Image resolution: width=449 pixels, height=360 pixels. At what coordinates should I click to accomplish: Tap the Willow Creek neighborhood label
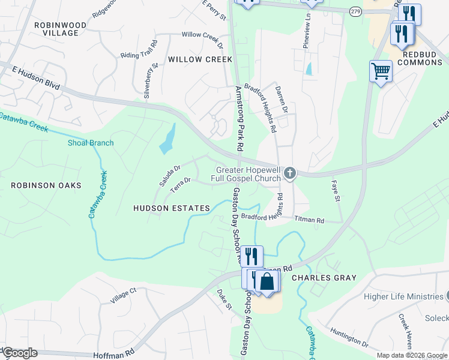tap(200, 59)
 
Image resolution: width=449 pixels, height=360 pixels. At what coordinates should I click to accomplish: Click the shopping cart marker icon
tap(381, 71)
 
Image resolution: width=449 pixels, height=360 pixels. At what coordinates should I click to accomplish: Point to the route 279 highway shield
tap(357, 12)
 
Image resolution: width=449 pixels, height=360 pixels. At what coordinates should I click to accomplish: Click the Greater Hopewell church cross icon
tap(290, 174)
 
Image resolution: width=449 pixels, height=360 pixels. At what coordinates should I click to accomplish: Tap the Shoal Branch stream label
tap(90, 143)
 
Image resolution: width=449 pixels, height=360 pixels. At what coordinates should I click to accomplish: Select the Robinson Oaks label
tap(46, 185)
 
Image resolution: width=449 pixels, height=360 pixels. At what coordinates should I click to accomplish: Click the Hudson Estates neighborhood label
tap(172, 208)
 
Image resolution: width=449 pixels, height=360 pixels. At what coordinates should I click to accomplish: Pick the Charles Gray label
tap(324, 278)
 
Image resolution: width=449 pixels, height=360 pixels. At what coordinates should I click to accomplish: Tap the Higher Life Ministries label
tap(403, 296)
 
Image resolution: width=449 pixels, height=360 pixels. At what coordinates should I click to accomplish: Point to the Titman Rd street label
tap(309, 220)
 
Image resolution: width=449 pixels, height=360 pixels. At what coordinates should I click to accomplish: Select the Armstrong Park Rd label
tap(239, 118)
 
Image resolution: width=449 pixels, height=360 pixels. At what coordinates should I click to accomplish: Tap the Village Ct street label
tap(124, 295)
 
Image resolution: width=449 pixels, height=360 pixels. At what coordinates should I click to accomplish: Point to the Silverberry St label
tap(151, 82)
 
